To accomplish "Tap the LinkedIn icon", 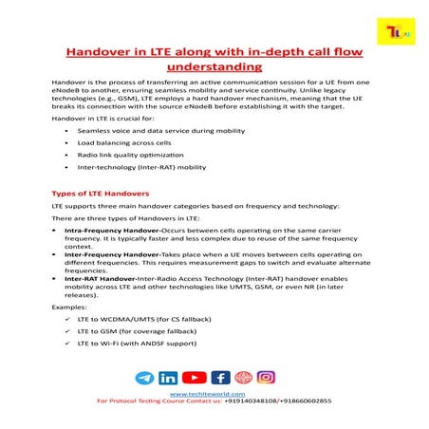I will [x=169, y=378].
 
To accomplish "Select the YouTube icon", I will [x=195, y=378].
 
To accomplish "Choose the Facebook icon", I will [x=220, y=378].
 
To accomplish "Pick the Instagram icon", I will [x=267, y=378].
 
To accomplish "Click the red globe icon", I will [x=244, y=378].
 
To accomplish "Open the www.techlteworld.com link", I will [x=207, y=394].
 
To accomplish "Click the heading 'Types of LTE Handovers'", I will [x=100, y=194].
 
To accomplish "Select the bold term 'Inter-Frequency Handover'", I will [x=106, y=256].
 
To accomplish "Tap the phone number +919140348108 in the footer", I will [x=261, y=402].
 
